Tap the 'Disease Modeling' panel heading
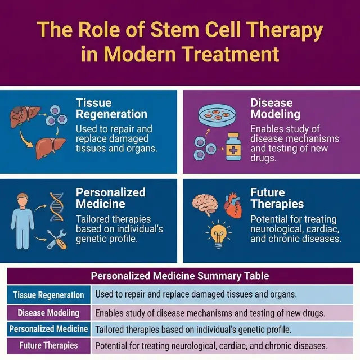pyautogui.click(x=272, y=109)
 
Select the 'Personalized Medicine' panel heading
pyautogui.click(x=111, y=197)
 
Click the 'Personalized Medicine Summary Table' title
pyautogui.click(x=180, y=276)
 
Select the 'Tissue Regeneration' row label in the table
pyautogui.click(x=48, y=295)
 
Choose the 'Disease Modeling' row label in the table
pyautogui.click(x=48, y=312)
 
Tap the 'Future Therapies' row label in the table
pyautogui.click(x=48, y=345)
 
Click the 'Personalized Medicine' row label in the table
pyautogui.click(x=48, y=328)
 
